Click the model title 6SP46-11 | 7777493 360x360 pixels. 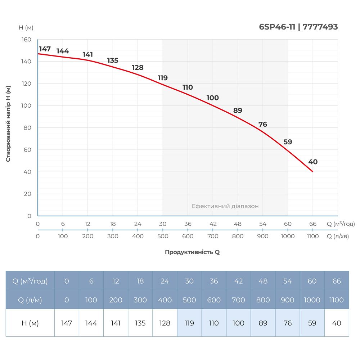point(298,27)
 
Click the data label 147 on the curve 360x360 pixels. point(45,49)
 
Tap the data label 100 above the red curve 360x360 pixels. point(212,98)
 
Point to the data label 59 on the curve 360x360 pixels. point(288,142)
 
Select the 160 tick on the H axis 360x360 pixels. point(27,40)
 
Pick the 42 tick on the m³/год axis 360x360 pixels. point(213,224)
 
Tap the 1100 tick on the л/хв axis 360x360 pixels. point(312,236)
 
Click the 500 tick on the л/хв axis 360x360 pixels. point(163,236)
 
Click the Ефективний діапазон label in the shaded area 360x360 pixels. point(225,206)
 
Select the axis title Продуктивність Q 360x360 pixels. point(192,252)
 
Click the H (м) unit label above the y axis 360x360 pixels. point(26,27)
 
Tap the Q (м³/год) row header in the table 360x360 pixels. point(30,281)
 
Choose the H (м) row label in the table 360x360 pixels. point(30,323)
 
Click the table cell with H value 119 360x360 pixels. point(189,323)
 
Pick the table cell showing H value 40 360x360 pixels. point(337,323)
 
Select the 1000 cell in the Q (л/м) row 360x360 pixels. point(312,300)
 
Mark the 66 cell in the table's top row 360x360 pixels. point(337,281)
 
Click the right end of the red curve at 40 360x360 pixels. point(312,171)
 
